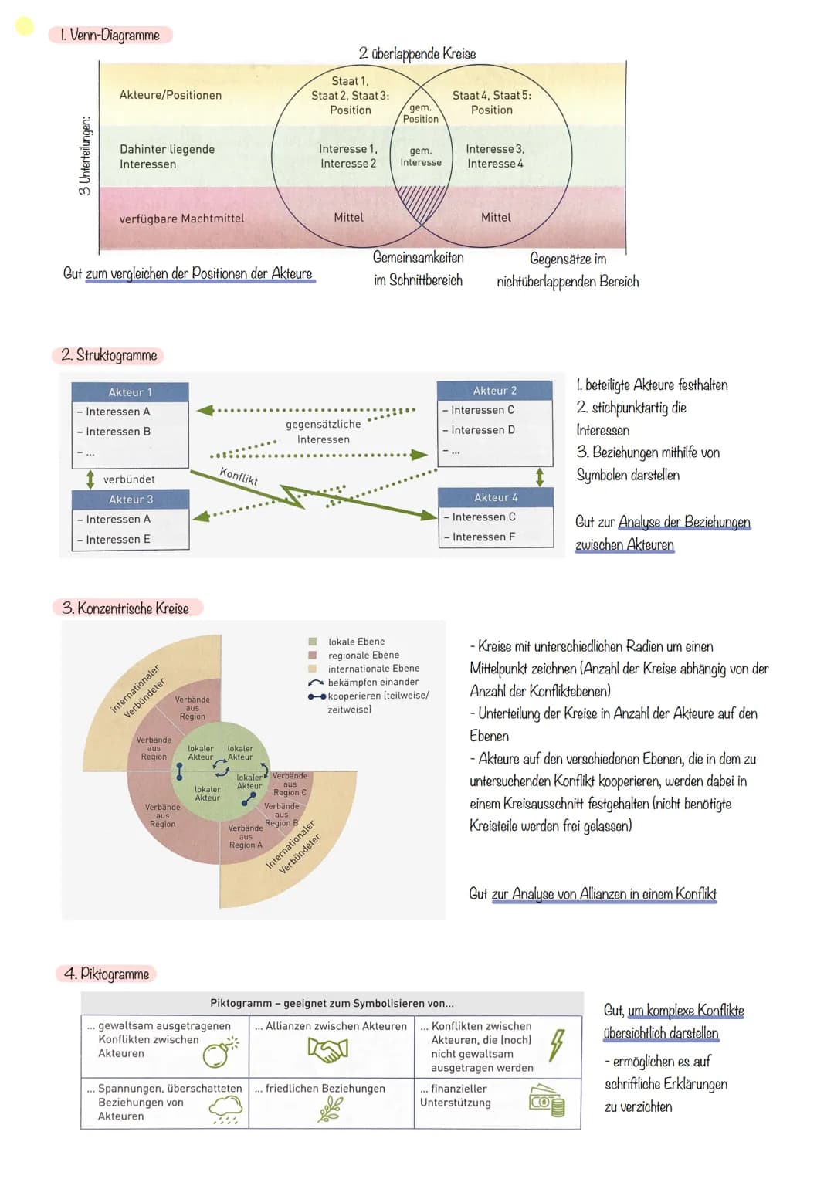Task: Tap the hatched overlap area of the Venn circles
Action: [420, 202]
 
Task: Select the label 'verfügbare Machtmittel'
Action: [181, 219]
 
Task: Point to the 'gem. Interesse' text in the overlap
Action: [421, 157]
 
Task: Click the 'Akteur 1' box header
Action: [130, 392]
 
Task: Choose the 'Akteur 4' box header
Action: [496, 497]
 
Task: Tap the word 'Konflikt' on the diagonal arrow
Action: [239, 476]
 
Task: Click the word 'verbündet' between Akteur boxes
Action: [129, 479]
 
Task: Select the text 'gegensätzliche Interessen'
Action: [324, 432]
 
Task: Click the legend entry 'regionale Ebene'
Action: [363, 656]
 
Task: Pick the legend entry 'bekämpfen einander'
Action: [372, 683]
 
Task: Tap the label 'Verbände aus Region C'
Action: [290, 784]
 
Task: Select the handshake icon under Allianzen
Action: [328, 1048]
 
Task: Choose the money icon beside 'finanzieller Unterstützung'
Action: [547, 1101]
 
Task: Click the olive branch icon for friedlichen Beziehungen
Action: [331, 1110]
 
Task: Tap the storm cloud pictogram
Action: [225, 1110]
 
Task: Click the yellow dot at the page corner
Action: [25, 26]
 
